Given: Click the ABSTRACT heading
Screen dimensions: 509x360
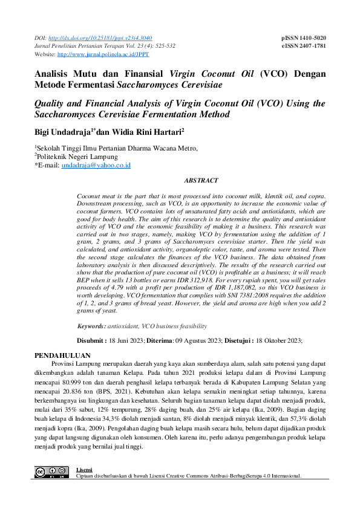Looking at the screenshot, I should point(200,180).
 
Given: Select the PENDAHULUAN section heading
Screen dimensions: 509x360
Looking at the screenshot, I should point(62,355).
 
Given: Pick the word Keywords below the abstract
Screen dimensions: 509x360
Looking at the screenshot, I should point(91,326).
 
